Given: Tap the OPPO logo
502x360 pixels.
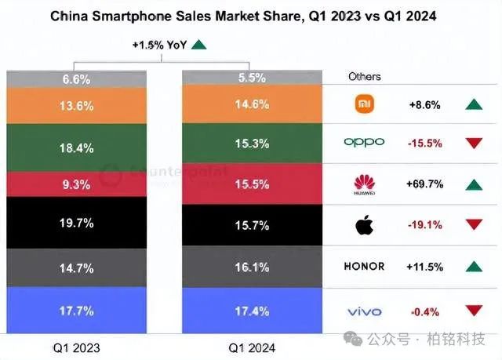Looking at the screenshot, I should coord(365,142).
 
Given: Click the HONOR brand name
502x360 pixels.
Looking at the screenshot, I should coord(365,267).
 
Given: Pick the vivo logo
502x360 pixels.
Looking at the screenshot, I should coord(365,312).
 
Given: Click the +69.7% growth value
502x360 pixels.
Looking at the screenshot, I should coord(426,184).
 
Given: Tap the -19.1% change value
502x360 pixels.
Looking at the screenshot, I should coord(426,225).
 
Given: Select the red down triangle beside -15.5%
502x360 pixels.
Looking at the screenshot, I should coord(473,143).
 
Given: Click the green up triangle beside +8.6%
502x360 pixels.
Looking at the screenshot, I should coord(473,104).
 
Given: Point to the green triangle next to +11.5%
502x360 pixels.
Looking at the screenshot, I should coord(473,267).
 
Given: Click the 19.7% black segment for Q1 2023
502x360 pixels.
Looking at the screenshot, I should coord(77,224).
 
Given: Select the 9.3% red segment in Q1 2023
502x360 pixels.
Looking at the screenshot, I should coord(77,184).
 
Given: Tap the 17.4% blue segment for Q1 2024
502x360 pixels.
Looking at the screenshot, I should coord(253,312).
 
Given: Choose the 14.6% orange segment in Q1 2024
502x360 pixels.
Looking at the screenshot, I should coord(253,104).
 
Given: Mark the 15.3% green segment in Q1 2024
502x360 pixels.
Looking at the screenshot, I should coord(253,144).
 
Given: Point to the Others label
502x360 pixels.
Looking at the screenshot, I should coord(365,77).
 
